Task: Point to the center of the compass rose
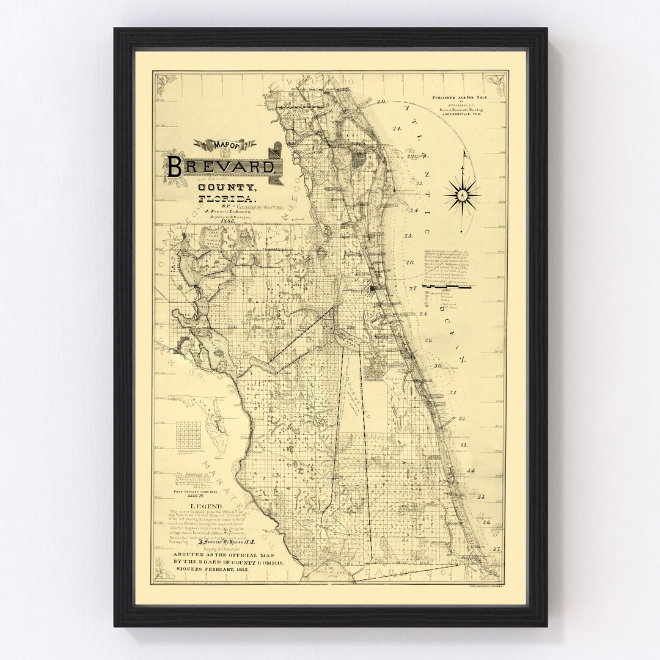point(463,196)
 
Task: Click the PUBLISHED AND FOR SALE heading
point(467,97)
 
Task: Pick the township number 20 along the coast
point(381,101)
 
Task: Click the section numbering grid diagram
point(188,436)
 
